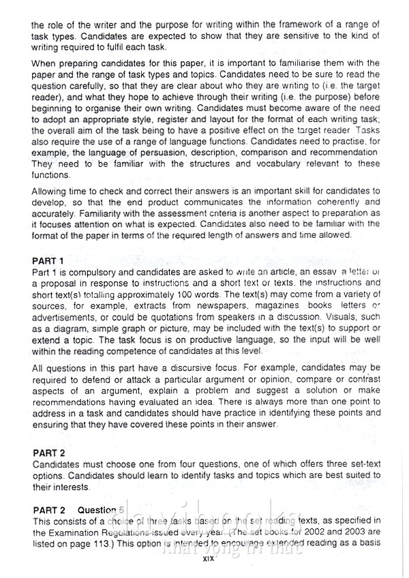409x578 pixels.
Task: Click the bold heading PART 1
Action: pyautogui.click(x=48, y=261)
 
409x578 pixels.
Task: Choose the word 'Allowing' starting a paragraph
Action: pyautogui.click(x=53, y=192)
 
